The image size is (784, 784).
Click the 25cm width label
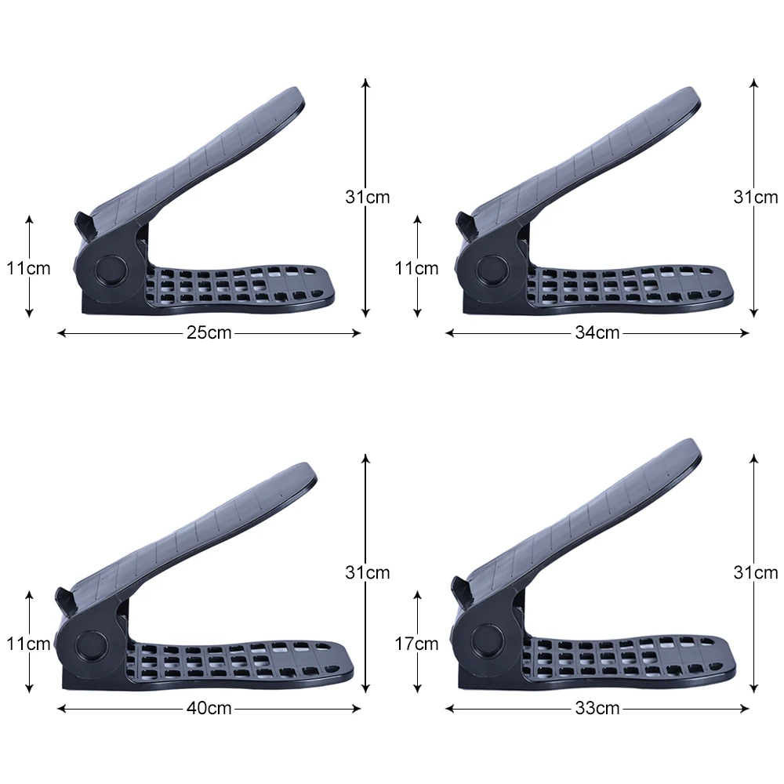[209, 332]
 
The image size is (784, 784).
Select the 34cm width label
[597, 332]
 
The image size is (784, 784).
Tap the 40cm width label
[209, 708]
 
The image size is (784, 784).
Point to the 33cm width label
[597, 708]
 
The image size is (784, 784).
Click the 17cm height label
[416, 644]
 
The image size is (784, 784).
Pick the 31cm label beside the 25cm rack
[368, 197]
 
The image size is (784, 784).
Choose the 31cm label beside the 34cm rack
[756, 197]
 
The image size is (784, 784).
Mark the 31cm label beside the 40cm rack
[368, 572]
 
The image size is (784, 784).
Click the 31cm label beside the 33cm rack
[756, 572]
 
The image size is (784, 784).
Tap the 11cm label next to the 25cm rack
[28, 268]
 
